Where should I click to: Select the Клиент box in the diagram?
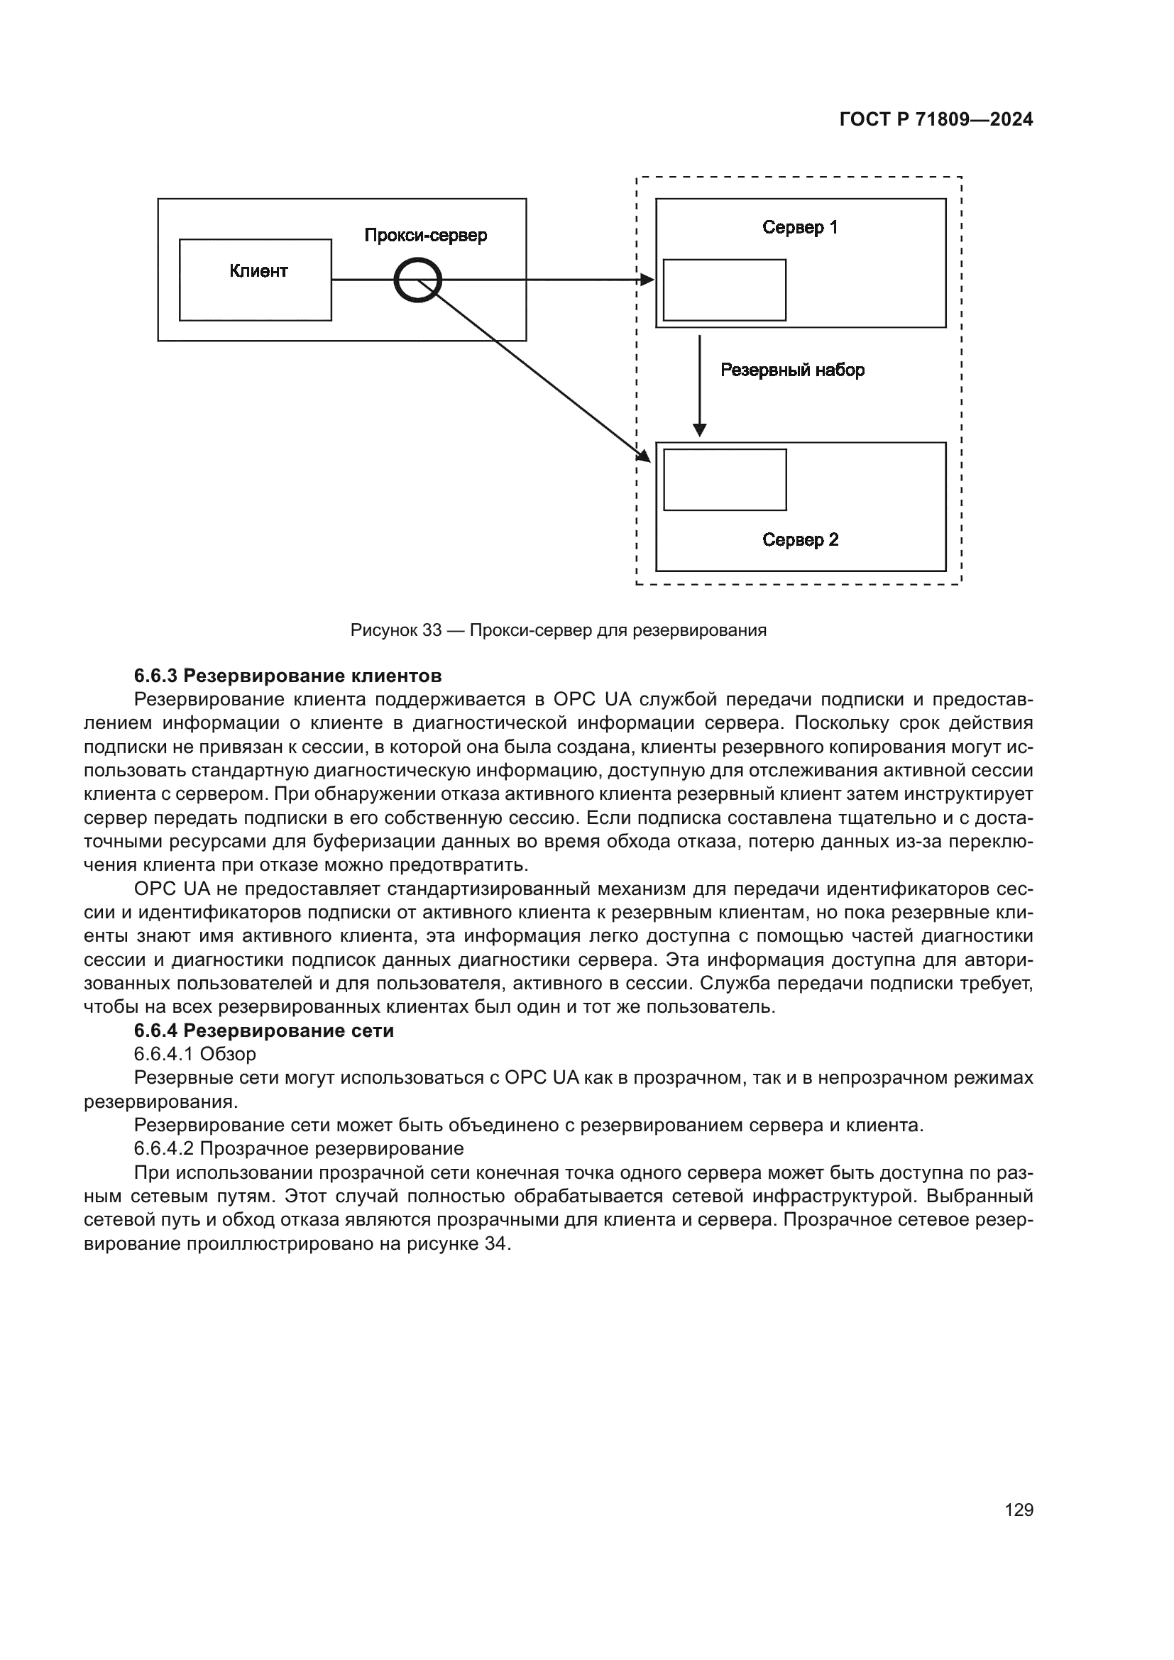pyautogui.click(x=256, y=280)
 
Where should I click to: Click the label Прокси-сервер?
pyautogui.click(x=425, y=235)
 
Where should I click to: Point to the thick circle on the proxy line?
pyautogui.click(x=417, y=280)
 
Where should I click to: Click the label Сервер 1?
pyautogui.click(x=799, y=227)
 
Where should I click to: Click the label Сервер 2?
pyautogui.click(x=799, y=539)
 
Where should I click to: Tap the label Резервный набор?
pyautogui.click(x=791, y=370)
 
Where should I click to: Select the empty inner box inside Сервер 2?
pyautogui.click(x=725, y=479)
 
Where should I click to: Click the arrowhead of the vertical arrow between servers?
pyautogui.click(x=699, y=430)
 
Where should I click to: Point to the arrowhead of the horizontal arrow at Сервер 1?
pyautogui.click(x=647, y=280)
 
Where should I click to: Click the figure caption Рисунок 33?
pyautogui.click(x=557, y=630)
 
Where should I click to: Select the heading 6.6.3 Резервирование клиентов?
pyautogui.click(x=287, y=676)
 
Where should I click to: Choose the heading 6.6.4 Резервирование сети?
pyautogui.click(x=264, y=1031)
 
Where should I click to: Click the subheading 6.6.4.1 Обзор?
pyautogui.click(x=194, y=1054)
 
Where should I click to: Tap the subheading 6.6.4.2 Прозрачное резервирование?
pyautogui.click(x=299, y=1148)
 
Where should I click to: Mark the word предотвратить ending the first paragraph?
pyautogui.click(x=459, y=864)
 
